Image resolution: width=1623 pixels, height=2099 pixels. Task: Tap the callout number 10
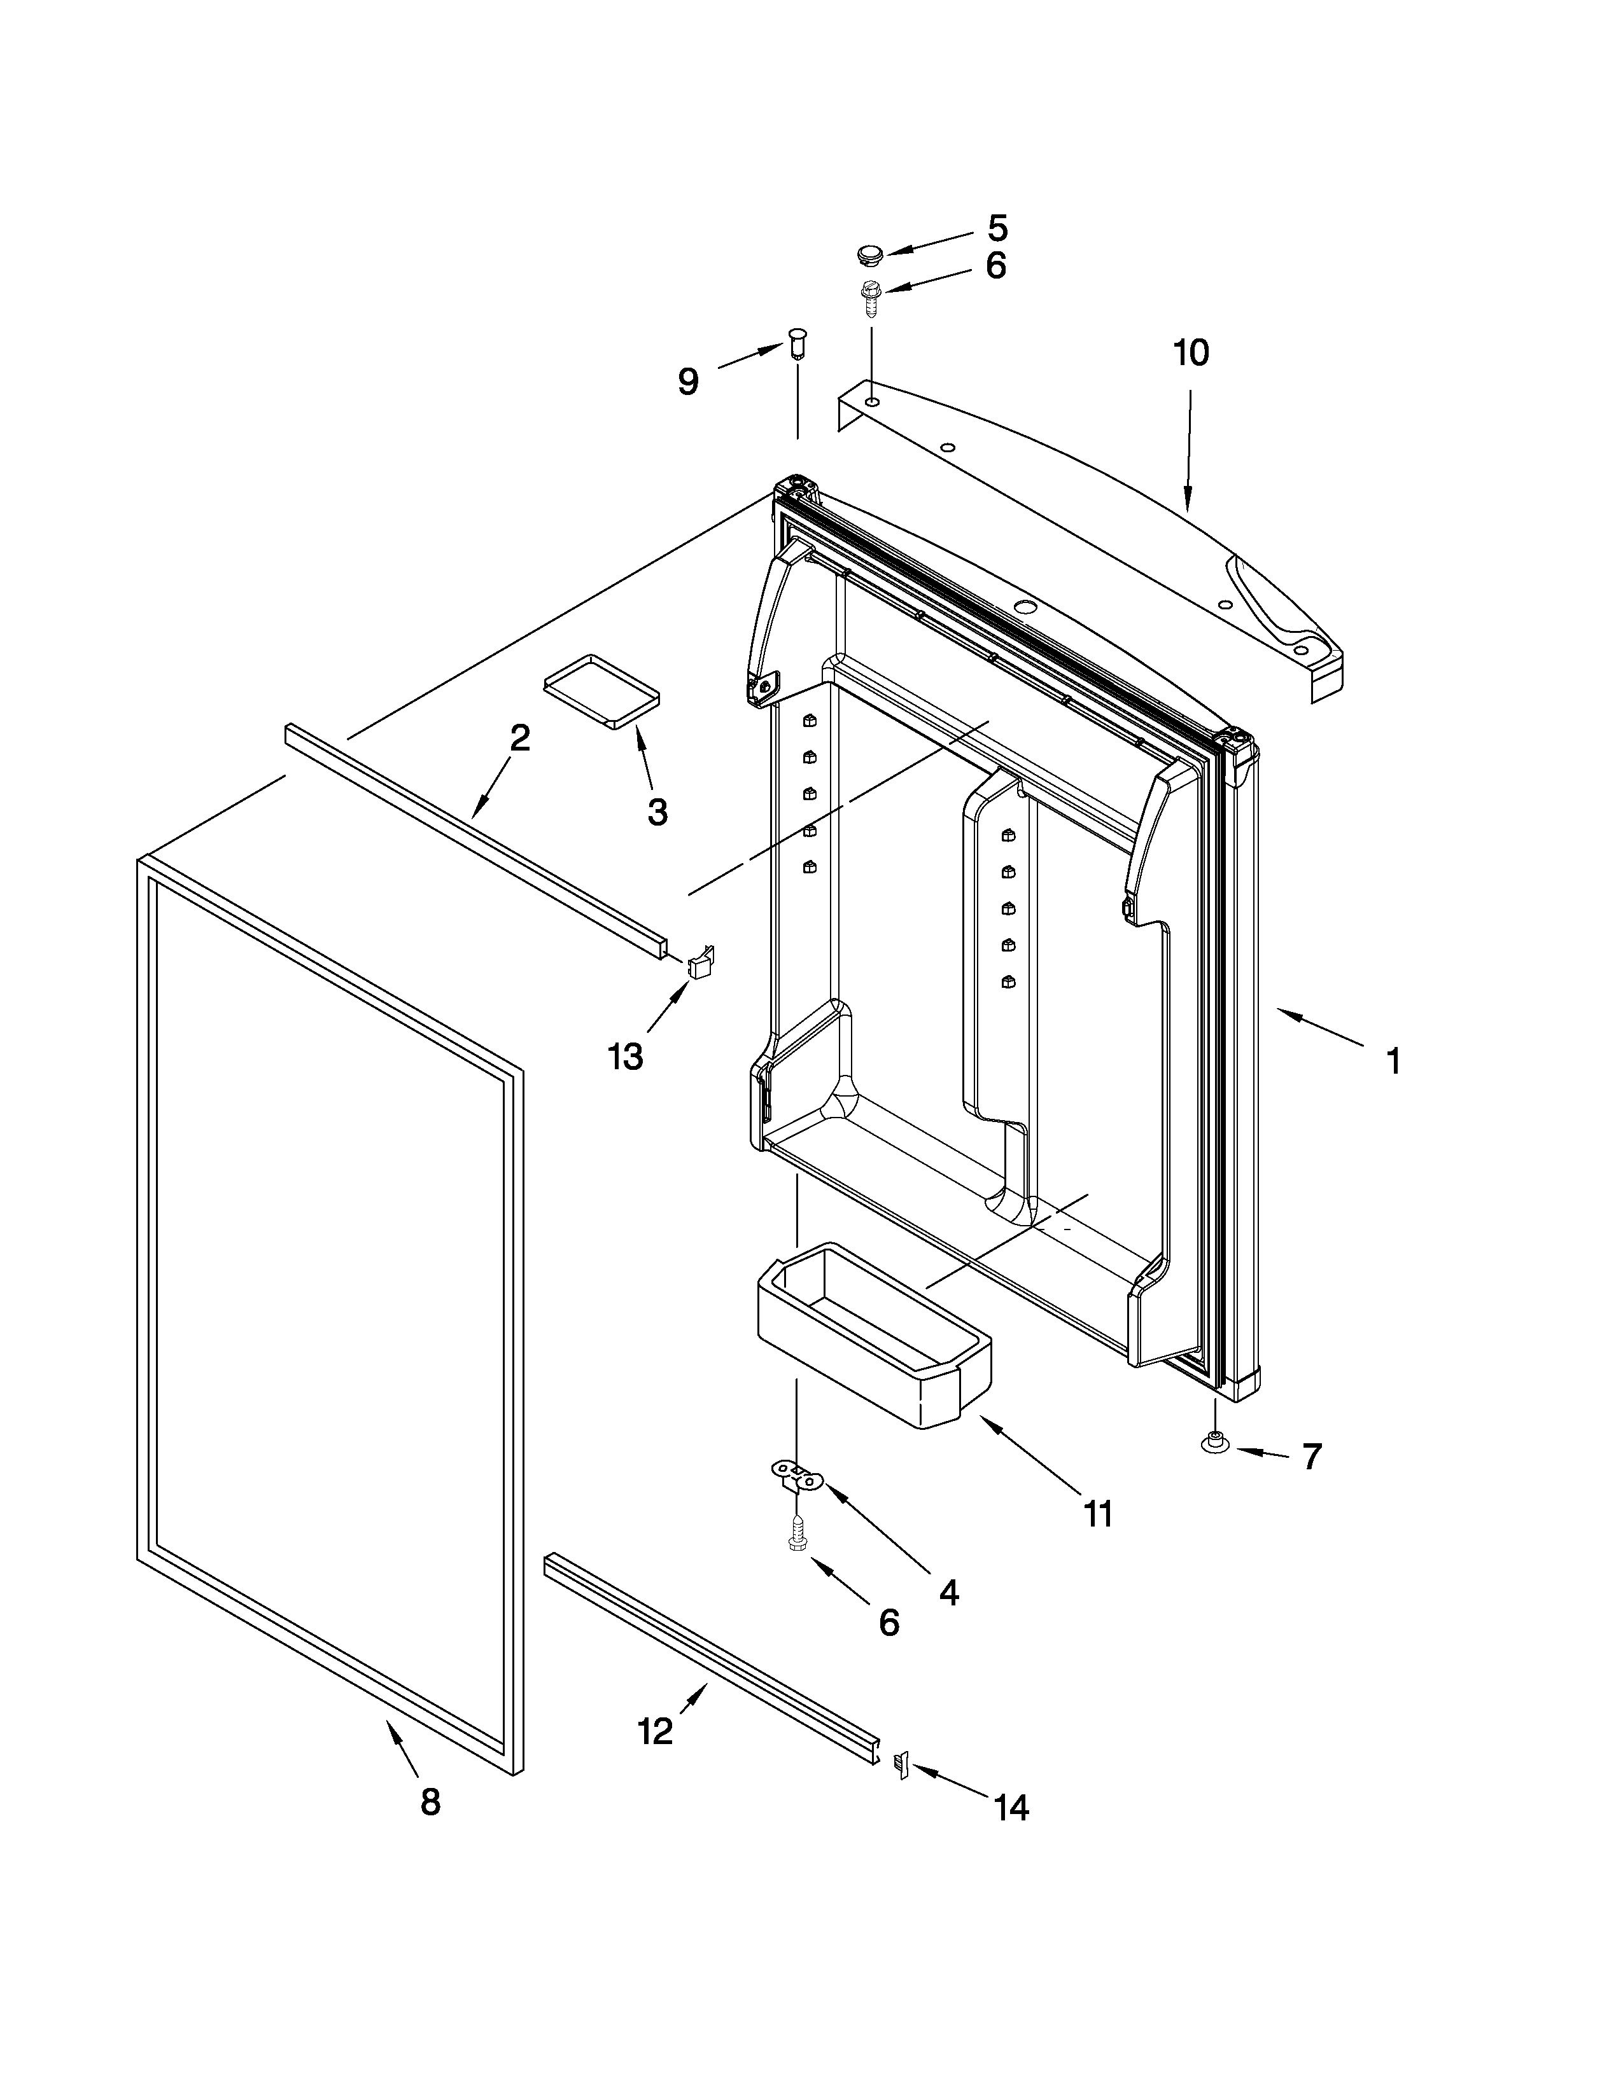(x=1190, y=353)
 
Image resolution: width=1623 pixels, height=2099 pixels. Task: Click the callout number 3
(x=657, y=812)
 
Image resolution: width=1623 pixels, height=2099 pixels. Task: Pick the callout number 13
(x=625, y=1057)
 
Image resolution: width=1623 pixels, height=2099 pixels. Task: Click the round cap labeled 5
(x=869, y=254)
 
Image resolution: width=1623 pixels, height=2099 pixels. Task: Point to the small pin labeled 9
(x=796, y=342)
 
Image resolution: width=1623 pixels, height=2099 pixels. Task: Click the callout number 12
(x=655, y=1732)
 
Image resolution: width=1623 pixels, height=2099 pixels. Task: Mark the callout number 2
(x=519, y=738)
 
